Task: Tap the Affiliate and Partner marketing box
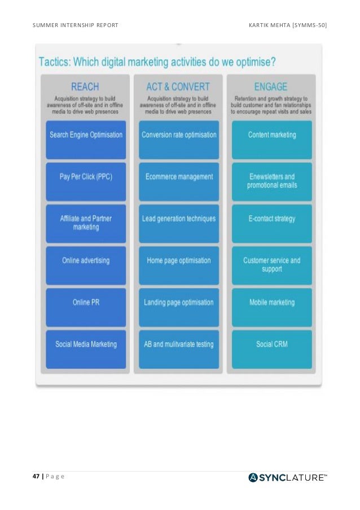point(86,223)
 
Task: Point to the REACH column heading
point(85,87)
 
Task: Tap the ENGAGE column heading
point(271,87)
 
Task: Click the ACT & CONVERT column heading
point(178,87)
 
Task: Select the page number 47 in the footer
point(36,477)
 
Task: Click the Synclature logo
point(288,478)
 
